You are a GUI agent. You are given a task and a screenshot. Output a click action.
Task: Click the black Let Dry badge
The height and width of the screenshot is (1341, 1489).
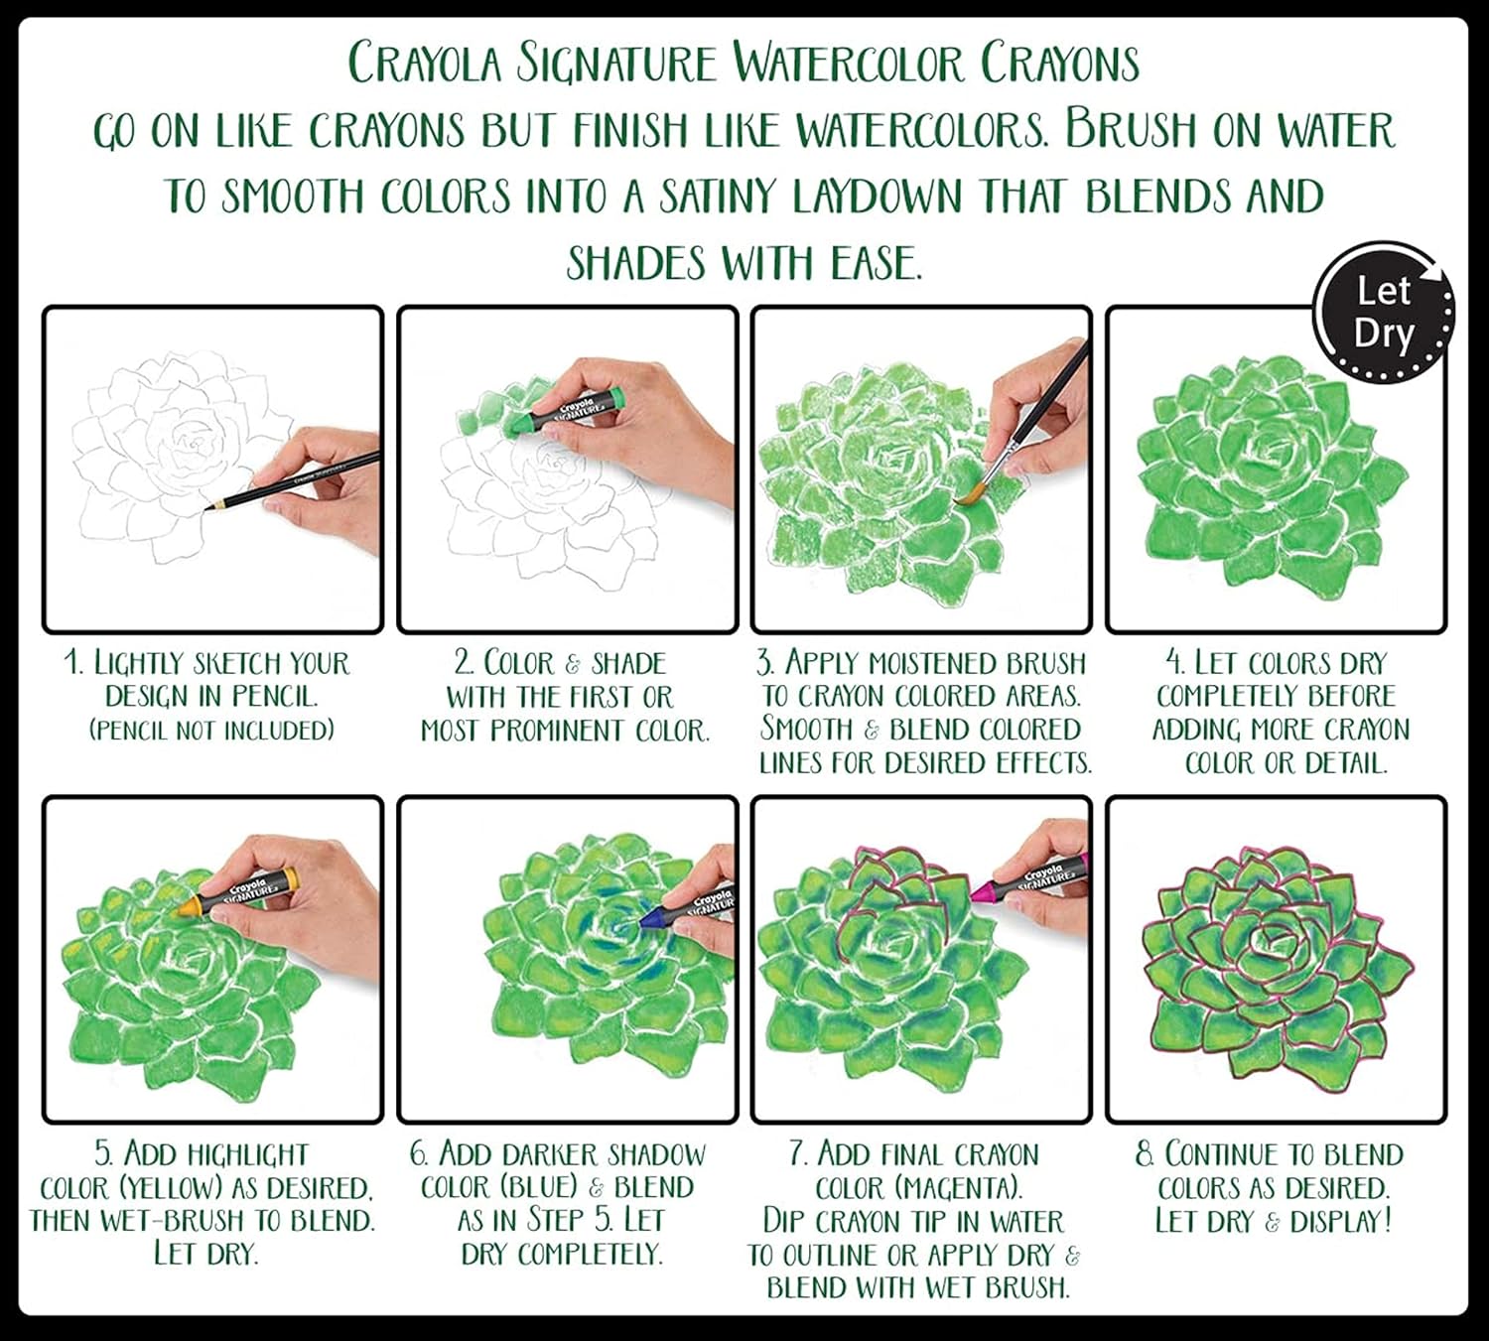tap(1384, 312)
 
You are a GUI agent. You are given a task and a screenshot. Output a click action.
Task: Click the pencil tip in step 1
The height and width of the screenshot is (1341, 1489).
tap(207, 508)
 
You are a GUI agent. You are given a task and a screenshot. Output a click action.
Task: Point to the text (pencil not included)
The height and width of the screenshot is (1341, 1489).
tap(212, 730)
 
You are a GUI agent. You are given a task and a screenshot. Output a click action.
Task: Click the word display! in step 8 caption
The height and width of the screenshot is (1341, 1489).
tap(1340, 1221)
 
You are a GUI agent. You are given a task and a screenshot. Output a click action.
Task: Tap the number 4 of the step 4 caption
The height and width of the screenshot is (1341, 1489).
tap(1172, 662)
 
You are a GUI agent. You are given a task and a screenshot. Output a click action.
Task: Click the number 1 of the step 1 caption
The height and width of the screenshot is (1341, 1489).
tap(72, 662)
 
